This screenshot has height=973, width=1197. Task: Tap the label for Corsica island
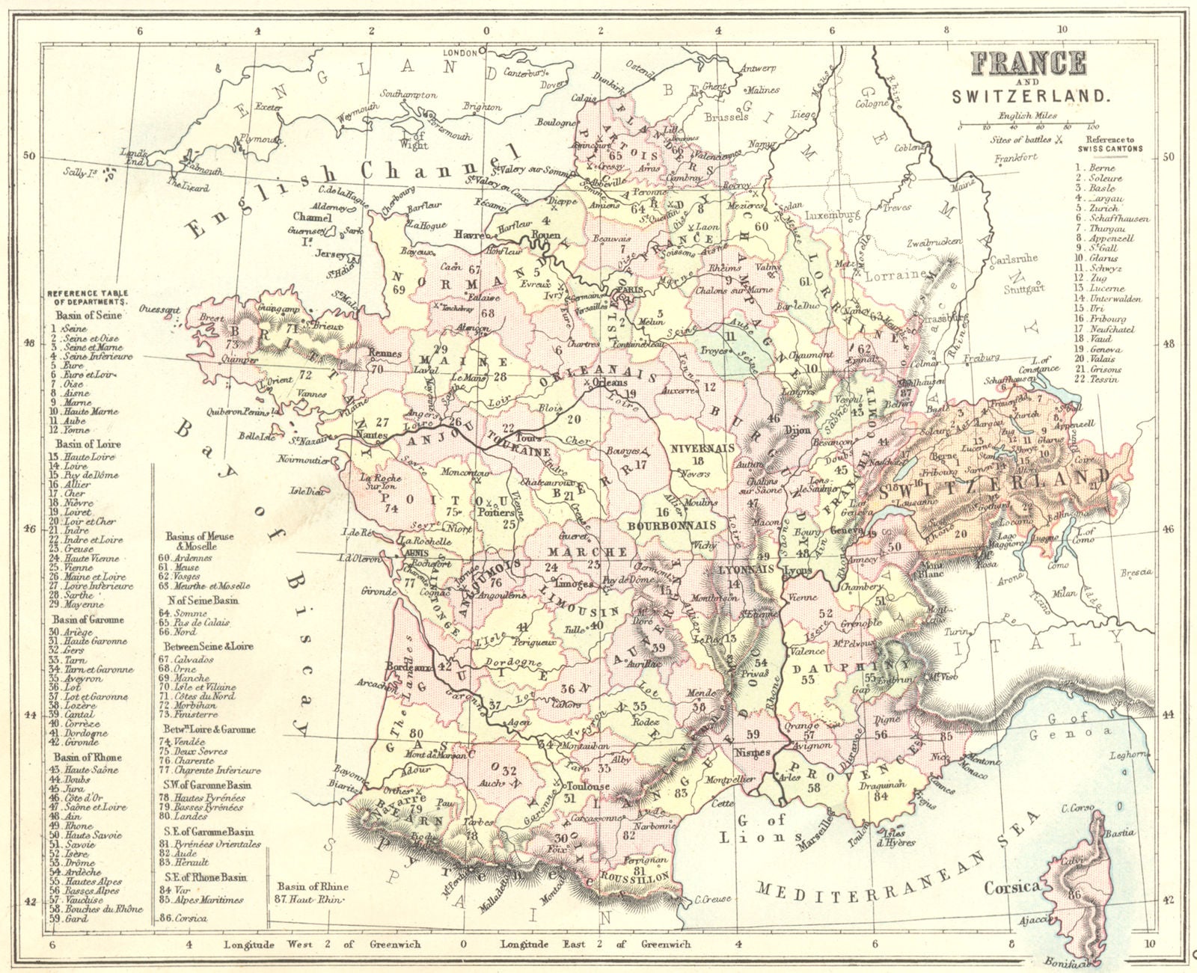1011,887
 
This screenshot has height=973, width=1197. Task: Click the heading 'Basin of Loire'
86,444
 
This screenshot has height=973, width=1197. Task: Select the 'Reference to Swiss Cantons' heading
1115,144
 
